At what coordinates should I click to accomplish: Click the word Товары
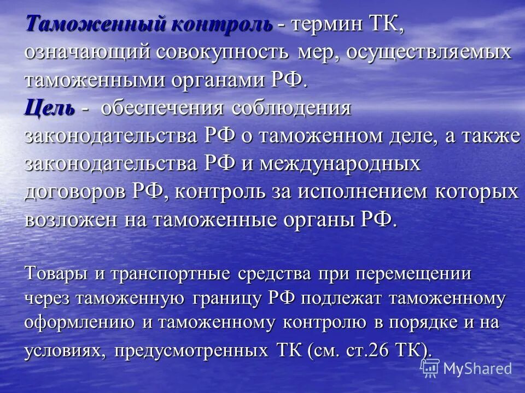coord(56,273)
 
